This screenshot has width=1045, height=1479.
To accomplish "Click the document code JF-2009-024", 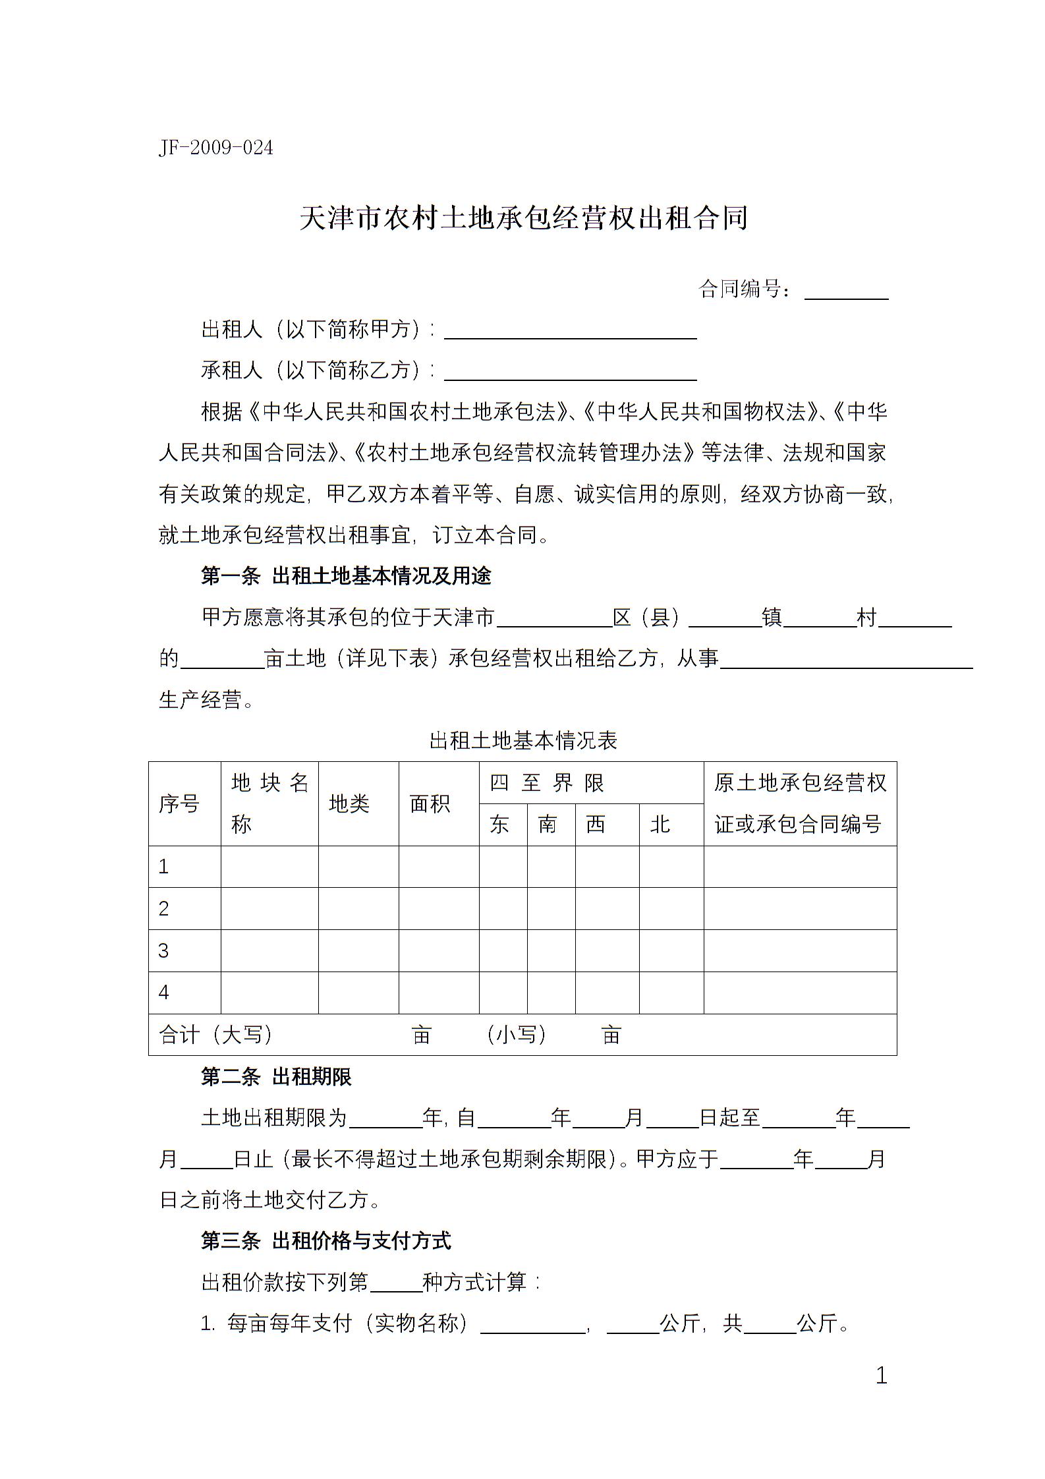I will (215, 148).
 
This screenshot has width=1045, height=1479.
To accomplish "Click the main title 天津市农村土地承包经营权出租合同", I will (523, 218).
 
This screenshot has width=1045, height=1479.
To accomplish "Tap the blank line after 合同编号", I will (846, 291).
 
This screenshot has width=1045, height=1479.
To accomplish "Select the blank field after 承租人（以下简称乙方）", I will (570, 371).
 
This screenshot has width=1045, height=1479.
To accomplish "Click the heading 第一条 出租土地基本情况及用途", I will (346, 576).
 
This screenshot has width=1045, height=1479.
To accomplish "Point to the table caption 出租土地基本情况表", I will (523, 741).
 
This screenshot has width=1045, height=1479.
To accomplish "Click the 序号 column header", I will (179, 803).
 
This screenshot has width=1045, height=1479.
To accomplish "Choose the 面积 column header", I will (430, 803).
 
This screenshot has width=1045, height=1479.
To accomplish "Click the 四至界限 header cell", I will (546, 783).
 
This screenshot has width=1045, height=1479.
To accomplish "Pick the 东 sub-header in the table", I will (499, 825).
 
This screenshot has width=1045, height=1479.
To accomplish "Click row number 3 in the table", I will (164, 951).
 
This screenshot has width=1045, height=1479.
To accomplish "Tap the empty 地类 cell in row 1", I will (358, 867).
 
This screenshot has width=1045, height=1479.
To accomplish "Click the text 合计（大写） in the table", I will (216, 1035).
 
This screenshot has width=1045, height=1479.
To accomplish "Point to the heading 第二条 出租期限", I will (276, 1077).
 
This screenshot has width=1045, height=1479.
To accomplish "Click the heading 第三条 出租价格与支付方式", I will (325, 1241).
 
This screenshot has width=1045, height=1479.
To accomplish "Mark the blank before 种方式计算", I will (396, 1282).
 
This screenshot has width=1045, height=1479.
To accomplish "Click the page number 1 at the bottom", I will (882, 1376).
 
